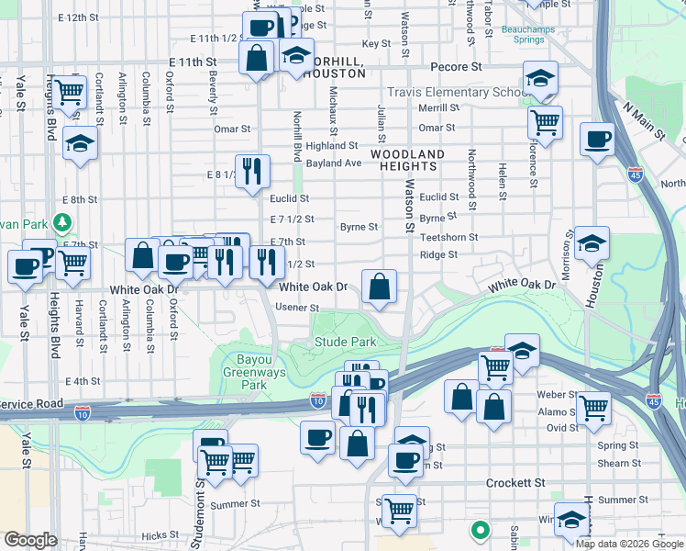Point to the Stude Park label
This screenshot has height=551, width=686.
346,342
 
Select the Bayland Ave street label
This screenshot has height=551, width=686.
334,163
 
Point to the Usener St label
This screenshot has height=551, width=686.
297,308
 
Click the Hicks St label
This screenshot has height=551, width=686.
160,534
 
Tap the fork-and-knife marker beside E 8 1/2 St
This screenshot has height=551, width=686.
252,171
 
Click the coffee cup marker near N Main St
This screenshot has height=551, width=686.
597,140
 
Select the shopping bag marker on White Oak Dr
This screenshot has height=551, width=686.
379,287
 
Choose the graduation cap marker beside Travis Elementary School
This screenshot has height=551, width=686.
541,78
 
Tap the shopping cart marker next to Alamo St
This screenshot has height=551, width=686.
594,406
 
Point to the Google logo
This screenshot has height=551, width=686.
30,540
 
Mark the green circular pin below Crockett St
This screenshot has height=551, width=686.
479,530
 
